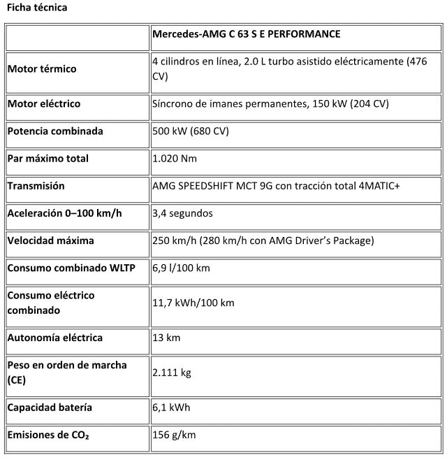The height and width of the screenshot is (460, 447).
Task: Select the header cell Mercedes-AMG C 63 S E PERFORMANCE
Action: pos(246,34)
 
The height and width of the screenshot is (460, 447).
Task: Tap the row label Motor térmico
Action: pos(42,69)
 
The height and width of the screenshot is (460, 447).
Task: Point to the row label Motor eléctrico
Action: pos(44,103)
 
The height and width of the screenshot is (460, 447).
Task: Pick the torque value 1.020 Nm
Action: pos(175,159)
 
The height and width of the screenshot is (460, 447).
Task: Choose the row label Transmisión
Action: pos(36,186)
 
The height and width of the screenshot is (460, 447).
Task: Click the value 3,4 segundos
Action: pos(182,213)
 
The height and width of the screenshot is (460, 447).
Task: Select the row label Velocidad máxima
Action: pos(50,240)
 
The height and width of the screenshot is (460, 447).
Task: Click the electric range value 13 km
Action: pos(166,338)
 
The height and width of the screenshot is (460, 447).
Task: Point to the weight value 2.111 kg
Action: pos(172,373)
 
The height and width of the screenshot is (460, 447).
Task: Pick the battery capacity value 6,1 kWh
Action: pos(171,408)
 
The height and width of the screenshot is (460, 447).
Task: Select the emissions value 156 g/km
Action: pos(174,435)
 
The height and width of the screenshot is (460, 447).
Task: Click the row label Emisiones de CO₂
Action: pos(48,435)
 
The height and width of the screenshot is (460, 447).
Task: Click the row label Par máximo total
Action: pos(47,159)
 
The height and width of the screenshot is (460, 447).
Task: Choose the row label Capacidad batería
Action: pos(50,408)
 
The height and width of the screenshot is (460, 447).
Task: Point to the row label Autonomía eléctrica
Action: pos(55,338)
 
